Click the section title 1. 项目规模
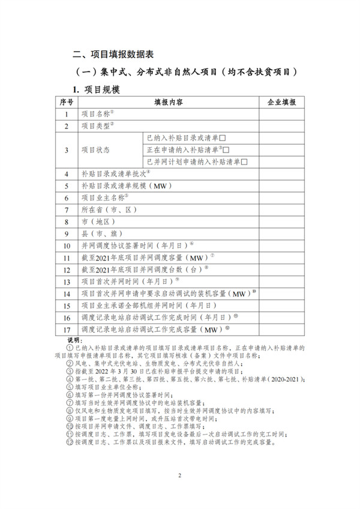(97, 89)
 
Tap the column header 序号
(66, 102)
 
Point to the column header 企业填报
(281, 102)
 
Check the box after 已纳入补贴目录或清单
(222, 137)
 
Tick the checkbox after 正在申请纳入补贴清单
(226, 149)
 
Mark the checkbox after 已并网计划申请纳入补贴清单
(245, 161)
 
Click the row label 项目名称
(96, 113)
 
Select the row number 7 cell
(66, 209)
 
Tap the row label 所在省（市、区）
(110, 209)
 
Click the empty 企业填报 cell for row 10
(281, 245)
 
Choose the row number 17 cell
(66, 330)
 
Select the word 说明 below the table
(76, 340)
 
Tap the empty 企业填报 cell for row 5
(281, 185)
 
